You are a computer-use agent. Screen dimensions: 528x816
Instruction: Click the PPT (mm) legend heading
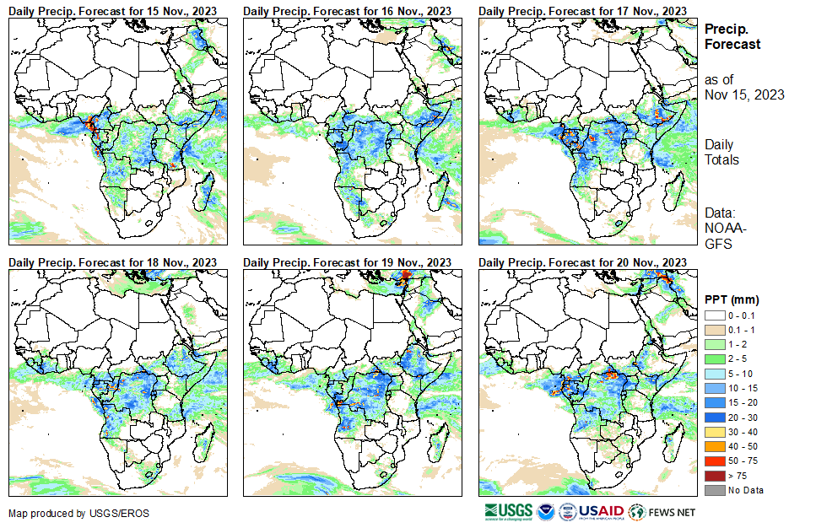click(732, 299)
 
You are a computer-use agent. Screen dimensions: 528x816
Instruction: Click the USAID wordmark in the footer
click(600, 512)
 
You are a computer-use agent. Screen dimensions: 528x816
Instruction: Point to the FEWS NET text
click(673, 512)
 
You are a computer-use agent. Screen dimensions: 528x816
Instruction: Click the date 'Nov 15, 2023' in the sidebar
click(744, 94)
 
